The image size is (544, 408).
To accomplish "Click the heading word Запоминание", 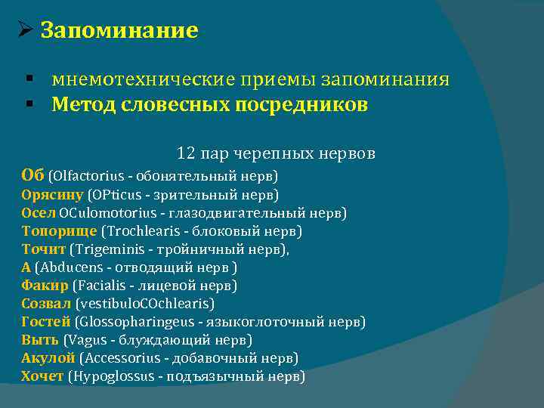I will (x=119, y=30).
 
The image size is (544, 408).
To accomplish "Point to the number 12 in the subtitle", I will (x=186, y=153).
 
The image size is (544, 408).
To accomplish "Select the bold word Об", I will (x=33, y=175).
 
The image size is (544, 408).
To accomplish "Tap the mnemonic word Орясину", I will (x=52, y=195).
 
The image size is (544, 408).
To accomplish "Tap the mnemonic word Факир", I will (x=45, y=286).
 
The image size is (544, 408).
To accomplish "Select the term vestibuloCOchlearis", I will (x=145, y=304).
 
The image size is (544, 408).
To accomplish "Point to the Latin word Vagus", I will (x=86, y=340).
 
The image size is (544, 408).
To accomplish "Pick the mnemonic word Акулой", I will (x=48, y=358).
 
